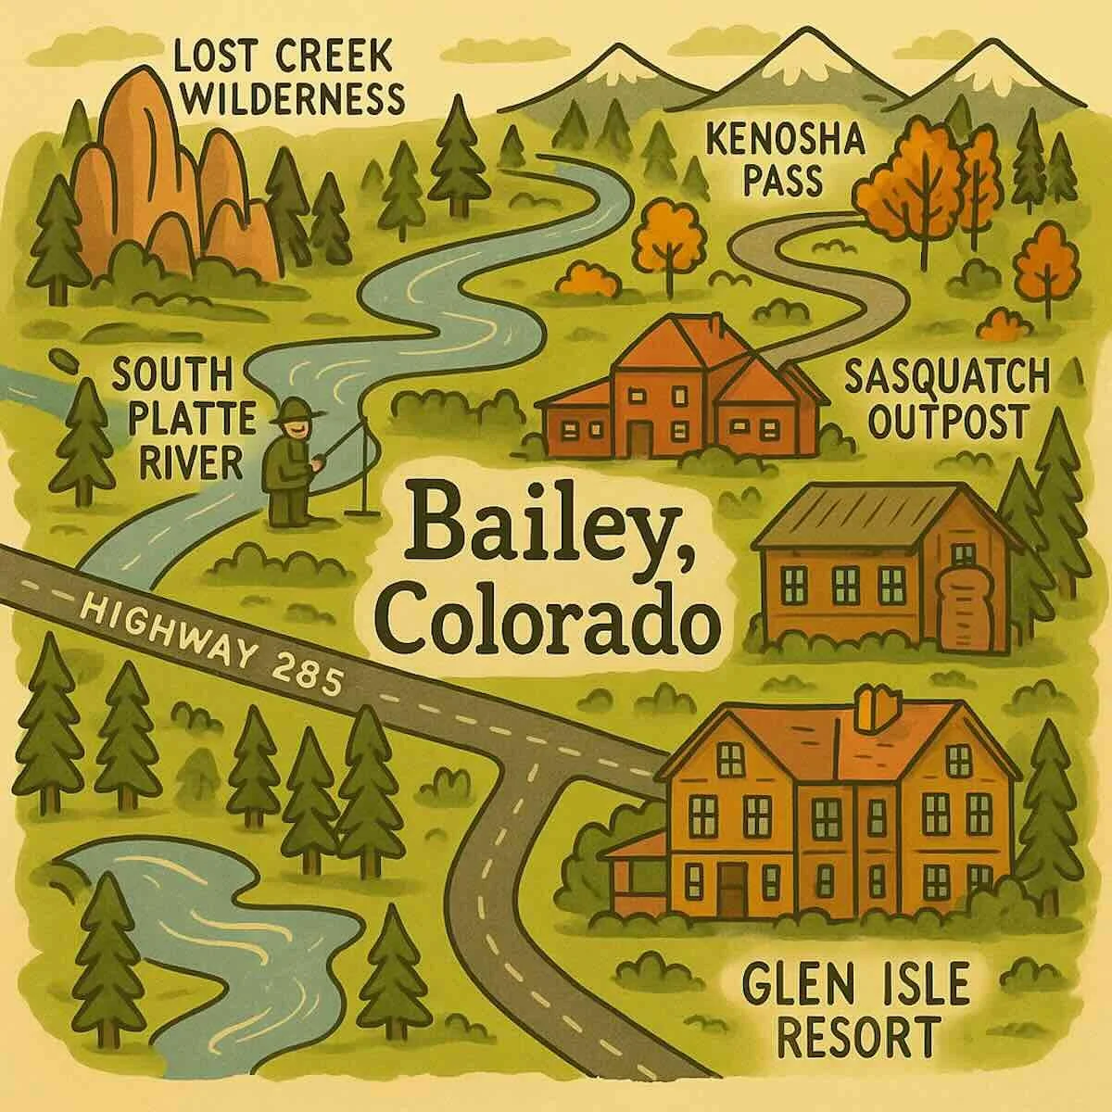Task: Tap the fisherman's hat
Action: (296, 408)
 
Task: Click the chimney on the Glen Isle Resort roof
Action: (873, 710)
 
